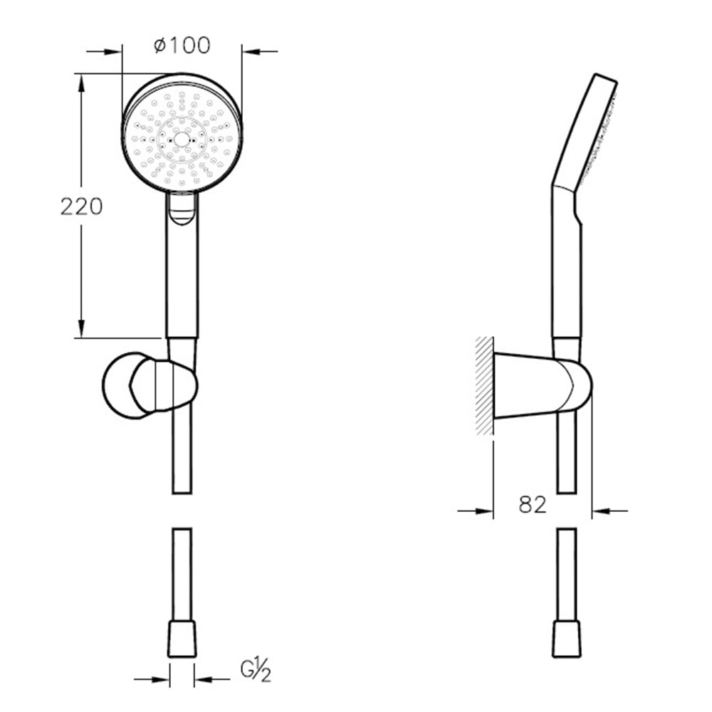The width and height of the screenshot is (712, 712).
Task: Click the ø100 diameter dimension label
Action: pyautogui.click(x=182, y=45)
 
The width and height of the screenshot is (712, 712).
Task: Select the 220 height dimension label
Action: pyautogui.click(x=82, y=206)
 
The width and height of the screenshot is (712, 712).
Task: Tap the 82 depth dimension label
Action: pyautogui.click(x=532, y=504)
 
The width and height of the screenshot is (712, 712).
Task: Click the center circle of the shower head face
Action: pyautogui.click(x=181, y=140)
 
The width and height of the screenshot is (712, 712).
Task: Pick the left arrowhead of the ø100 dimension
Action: pyautogui.click(x=112, y=52)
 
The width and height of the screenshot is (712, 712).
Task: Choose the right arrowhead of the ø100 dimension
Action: pyautogui.click(x=251, y=52)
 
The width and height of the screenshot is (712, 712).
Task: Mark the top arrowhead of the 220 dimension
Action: pyautogui.click(x=81, y=83)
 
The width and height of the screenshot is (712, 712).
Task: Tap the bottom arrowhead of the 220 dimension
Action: pyautogui.click(x=81, y=328)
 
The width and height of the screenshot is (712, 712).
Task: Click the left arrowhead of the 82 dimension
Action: pyautogui.click(x=484, y=511)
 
